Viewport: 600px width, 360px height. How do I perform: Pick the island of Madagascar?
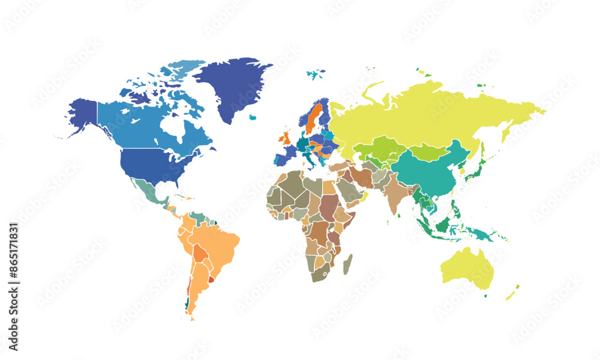click(347, 264)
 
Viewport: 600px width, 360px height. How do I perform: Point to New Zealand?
click(511, 293)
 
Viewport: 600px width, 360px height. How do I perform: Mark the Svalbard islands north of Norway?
click(315, 74)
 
